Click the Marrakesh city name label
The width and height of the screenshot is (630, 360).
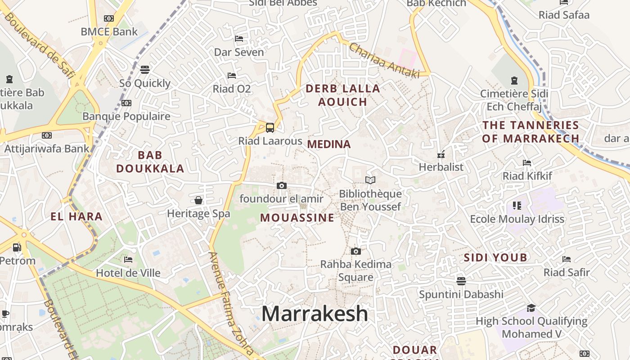click(315, 314)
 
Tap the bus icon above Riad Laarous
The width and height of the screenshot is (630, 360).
click(270, 128)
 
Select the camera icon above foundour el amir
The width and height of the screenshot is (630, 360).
click(281, 185)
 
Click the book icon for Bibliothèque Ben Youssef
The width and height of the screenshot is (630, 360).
click(370, 180)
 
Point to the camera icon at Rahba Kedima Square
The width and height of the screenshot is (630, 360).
click(355, 251)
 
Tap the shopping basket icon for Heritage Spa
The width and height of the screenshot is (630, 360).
click(198, 200)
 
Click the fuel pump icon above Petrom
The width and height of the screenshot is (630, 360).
click(17, 247)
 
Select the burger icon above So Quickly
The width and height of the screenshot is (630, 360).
click(144, 70)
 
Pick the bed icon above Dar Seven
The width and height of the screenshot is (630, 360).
click(239, 39)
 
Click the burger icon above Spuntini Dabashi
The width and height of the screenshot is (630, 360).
click(461, 281)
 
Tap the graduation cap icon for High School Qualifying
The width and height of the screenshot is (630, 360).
click(531, 308)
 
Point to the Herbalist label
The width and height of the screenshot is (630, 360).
click(441, 167)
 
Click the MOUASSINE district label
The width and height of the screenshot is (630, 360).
click(297, 218)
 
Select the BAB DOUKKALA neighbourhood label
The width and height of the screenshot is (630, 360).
click(150, 162)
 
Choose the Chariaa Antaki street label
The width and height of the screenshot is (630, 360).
click(384, 60)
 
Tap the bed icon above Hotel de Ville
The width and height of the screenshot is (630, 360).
click(128, 260)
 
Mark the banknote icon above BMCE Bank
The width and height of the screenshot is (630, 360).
click(109, 18)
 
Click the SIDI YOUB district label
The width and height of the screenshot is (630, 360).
click(495, 258)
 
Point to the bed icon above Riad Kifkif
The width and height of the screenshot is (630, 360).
click(527, 163)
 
